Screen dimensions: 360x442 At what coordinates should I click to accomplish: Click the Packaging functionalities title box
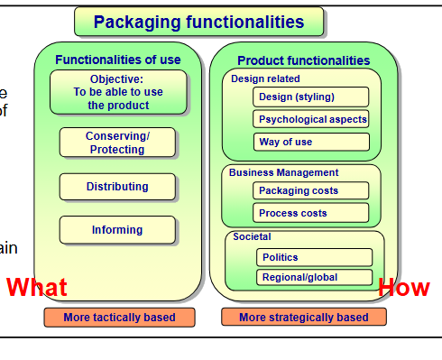(198, 22)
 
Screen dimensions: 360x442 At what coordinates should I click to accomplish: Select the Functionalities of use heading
(117, 60)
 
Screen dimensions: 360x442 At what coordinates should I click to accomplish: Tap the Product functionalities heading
(303, 60)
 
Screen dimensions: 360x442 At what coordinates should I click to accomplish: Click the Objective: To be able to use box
(118, 92)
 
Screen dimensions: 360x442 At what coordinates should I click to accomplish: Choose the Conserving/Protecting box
(117, 143)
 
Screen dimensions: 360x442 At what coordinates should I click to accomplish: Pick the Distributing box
(117, 187)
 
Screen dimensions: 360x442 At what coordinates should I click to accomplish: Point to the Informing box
(117, 230)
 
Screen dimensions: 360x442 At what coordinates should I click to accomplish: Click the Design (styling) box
(311, 97)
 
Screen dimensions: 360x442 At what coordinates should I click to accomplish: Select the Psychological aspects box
(311, 119)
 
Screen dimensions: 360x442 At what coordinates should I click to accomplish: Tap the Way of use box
(311, 142)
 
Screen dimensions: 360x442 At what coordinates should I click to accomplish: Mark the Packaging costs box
(311, 190)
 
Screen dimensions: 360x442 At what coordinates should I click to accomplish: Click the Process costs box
(311, 213)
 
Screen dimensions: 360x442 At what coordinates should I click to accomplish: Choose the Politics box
(313, 257)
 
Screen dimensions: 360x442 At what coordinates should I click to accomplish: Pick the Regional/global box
(313, 277)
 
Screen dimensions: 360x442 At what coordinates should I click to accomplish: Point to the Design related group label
(260, 78)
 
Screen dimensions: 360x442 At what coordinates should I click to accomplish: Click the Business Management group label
(283, 172)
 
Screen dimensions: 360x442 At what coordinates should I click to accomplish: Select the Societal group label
(252, 237)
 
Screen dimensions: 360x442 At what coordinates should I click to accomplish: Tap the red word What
(37, 288)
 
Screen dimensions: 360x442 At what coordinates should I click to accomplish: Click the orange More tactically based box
(119, 318)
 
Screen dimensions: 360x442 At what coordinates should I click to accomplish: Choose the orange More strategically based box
(303, 318)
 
